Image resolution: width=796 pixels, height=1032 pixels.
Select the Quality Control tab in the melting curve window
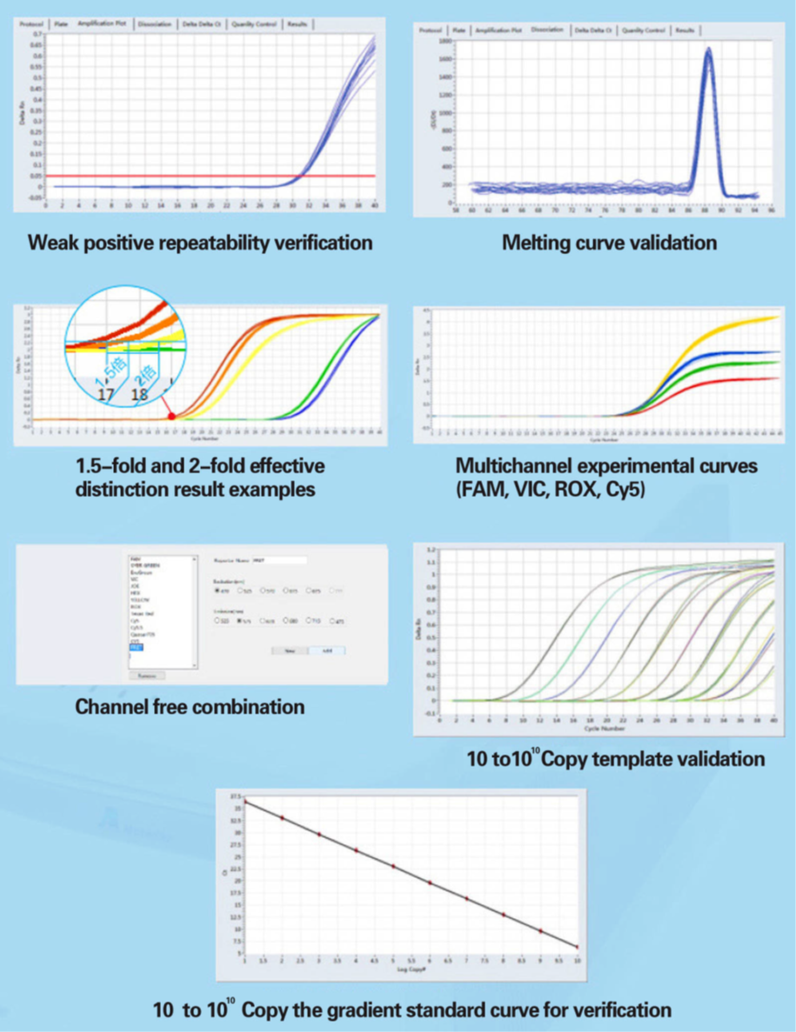[644, 30]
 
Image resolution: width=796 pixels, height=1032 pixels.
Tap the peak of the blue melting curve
[708, 50]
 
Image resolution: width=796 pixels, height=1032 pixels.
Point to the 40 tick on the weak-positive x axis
[374, 205]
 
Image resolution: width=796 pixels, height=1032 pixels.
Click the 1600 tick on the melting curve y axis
[445, 58]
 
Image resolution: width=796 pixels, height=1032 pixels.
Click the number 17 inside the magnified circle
[108, 394]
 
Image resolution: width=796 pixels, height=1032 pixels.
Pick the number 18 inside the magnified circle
[139, 394]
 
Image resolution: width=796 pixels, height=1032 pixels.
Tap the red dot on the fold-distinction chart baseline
[171, 417]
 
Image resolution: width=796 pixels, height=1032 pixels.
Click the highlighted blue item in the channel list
[136, 647]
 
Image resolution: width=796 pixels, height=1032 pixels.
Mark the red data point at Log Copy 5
[393, 866]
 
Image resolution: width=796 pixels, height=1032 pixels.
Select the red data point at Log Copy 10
[578, 947]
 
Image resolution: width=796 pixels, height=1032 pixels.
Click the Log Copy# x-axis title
[411, 968]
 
